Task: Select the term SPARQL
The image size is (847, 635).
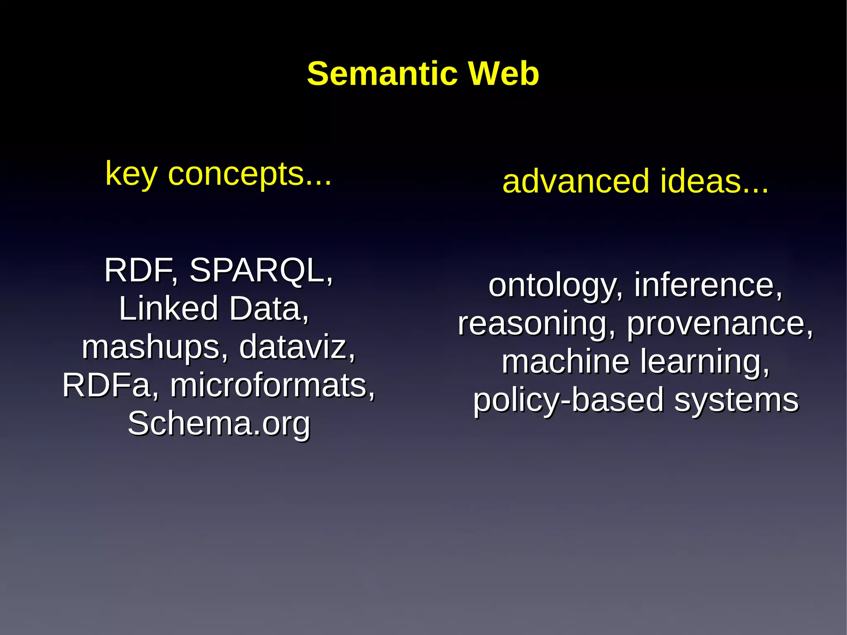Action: tap(261, 271)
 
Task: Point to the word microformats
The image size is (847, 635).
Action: tap(273, 385)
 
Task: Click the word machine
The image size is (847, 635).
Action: tap(566, 362)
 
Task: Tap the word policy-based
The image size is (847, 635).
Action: tap(568, 400)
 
